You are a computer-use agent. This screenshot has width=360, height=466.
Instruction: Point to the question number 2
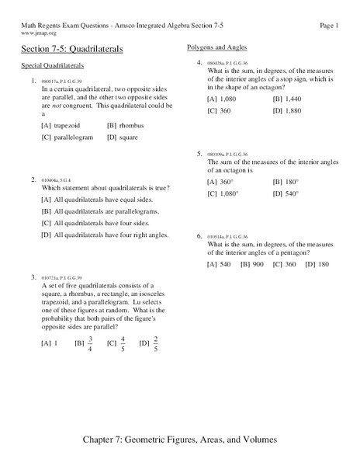pos(34,179)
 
